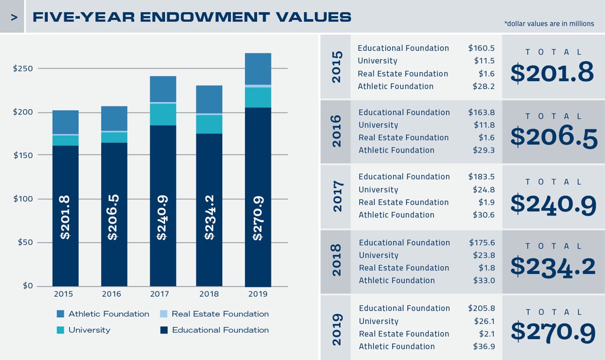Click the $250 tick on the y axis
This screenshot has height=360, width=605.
23,69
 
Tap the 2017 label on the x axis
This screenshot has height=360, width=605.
160,295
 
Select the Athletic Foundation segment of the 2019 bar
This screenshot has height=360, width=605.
258,69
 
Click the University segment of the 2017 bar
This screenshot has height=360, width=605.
163,114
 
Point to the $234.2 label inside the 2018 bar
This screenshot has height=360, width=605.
209,217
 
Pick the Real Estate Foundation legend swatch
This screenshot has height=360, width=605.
164,314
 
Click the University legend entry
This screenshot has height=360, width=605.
89,330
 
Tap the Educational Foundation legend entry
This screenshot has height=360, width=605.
220,330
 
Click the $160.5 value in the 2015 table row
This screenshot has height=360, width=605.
481,48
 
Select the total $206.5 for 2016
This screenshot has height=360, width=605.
554,137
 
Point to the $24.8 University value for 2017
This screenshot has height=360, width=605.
483,190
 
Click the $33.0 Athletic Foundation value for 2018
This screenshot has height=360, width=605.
484,281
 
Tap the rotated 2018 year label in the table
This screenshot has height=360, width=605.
336,260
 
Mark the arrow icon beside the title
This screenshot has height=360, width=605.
14,17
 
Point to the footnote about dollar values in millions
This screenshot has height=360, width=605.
549,24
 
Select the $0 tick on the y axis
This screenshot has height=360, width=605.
28,286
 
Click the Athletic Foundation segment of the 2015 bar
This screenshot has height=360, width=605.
65,122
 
